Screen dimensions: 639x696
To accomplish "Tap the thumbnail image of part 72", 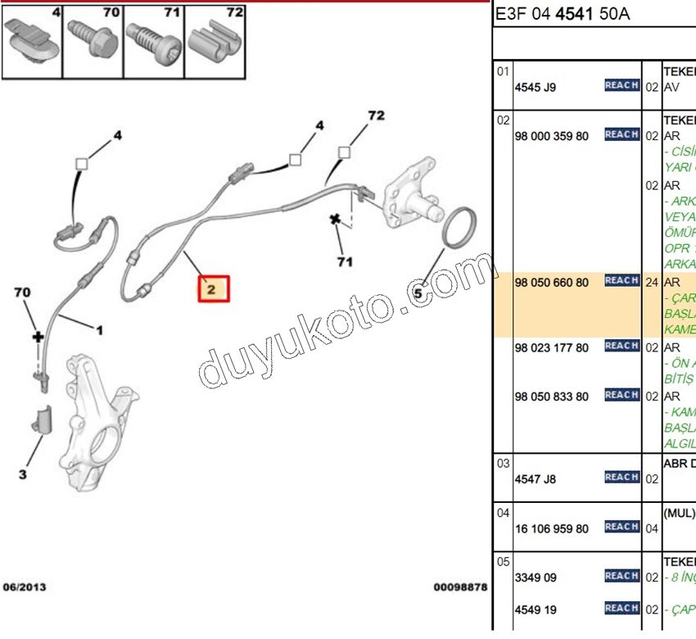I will tap(215, 40).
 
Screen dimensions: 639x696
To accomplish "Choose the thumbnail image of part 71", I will tap(154, 40).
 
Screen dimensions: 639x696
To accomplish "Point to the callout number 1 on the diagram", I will tap(99, 331).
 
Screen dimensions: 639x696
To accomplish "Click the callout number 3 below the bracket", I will tap(23, 474).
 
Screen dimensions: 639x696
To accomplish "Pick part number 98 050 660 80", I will tap(551, 283).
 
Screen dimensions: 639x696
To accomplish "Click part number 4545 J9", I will tap(535, 86).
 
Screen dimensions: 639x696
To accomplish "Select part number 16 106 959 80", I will tap(551, 528).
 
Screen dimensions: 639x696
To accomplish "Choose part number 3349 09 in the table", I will tap(535, 578).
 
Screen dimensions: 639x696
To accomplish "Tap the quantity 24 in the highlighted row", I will tap(653, 283).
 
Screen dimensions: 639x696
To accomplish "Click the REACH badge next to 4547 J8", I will tap(621, 478).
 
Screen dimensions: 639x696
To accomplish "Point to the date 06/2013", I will tap(25, 587).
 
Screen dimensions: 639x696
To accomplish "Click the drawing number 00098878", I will tap(460, 587).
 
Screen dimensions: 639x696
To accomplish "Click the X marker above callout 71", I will tap(334, 220).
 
